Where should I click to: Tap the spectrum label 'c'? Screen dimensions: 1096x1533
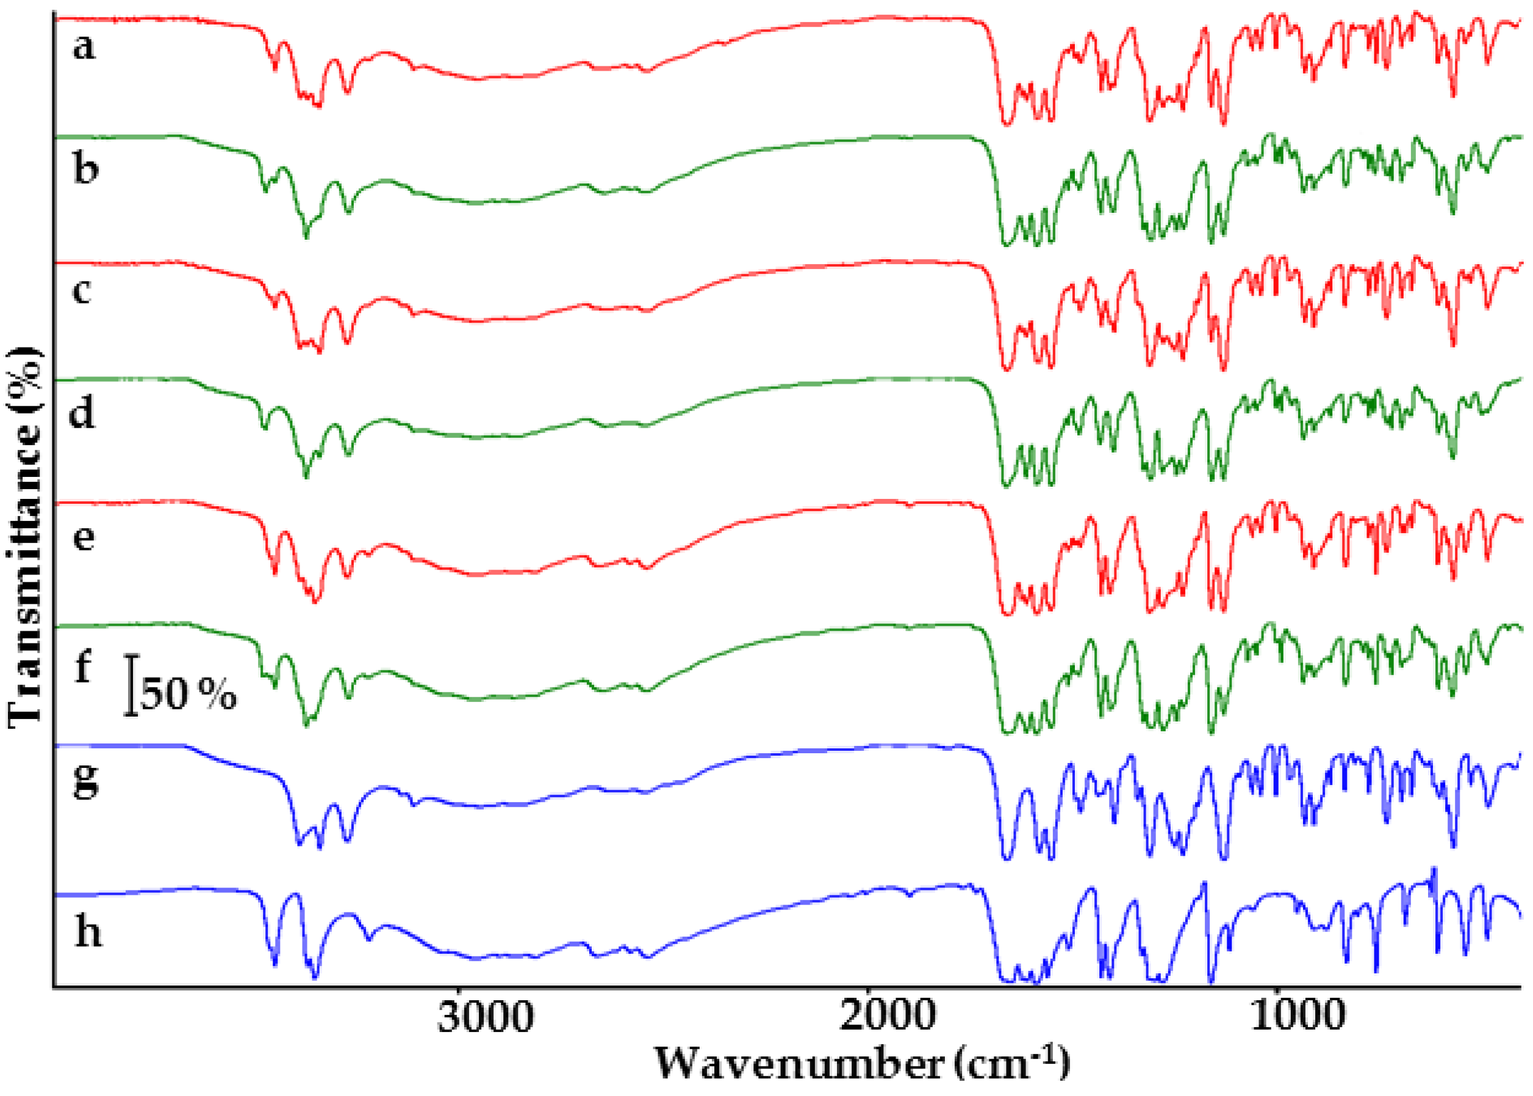(82, 292)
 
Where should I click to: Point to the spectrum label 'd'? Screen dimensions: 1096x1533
(82, 413)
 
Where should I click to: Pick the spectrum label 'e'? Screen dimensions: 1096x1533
(83, 538)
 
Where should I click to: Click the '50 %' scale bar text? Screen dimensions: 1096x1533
(188, 693)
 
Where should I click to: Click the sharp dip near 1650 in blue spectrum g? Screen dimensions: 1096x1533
(1007, 858)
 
